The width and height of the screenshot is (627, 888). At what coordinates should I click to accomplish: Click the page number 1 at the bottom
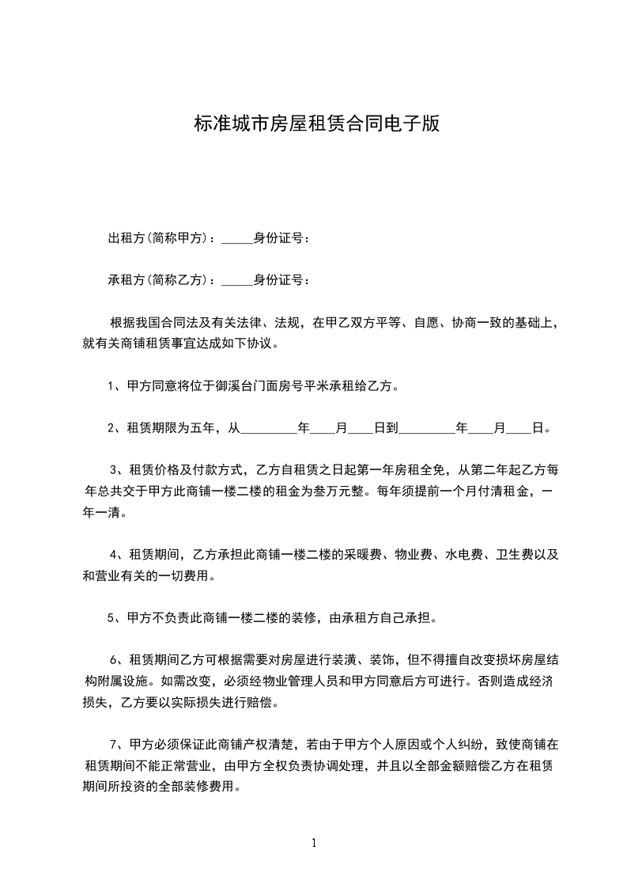coord(314,843)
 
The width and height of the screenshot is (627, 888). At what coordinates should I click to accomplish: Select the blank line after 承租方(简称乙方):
coord(236,282)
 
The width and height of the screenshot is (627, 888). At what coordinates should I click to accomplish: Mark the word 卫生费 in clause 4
coord(520,555)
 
